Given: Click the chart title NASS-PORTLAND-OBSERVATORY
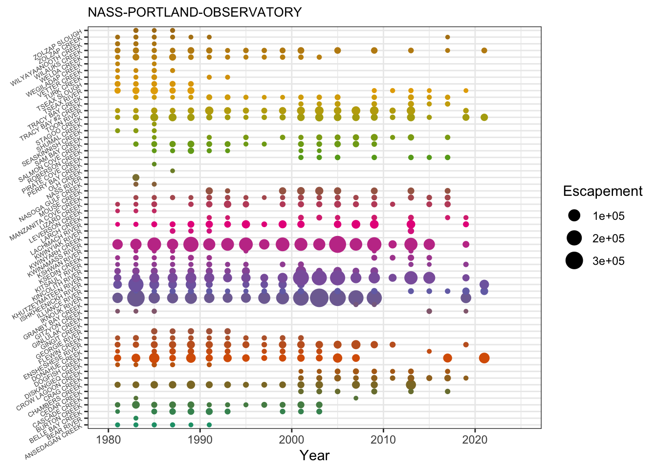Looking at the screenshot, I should pyautogui.click(x=195, y=12).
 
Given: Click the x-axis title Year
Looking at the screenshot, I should pyautogui.click(x=314, y=455).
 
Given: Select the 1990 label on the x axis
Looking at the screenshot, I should pyautogui.click(x=200, y=440).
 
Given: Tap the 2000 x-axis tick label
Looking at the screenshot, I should pyautogui.click(x=292, y=440).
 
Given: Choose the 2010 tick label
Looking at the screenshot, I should pyautogui.click(x=384, y=440).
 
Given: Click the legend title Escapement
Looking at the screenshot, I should pyautogui.click(x=602, y=191).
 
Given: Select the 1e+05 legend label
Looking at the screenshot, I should pyautogui.click(x=609, y=216).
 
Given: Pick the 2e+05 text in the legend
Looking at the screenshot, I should pyautogui.click(x=609, y=238).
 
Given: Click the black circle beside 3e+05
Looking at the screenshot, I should pyautogui.click(x=574, y=261).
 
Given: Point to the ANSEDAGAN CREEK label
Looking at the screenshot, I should pyautogui.click(x=55, y=444).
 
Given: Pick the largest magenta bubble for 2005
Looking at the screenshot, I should pyautogui.click(x=337, y=244).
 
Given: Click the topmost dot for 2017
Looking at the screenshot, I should pyautogui.click(x=447, y=37).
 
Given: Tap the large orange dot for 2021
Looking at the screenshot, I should pyautogui.click(x=484, y=358).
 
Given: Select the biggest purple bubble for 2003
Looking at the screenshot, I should pyautogui.click(x=319, y=298).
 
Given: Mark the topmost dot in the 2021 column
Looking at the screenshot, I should pyautogui.click(x=484, y=50).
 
